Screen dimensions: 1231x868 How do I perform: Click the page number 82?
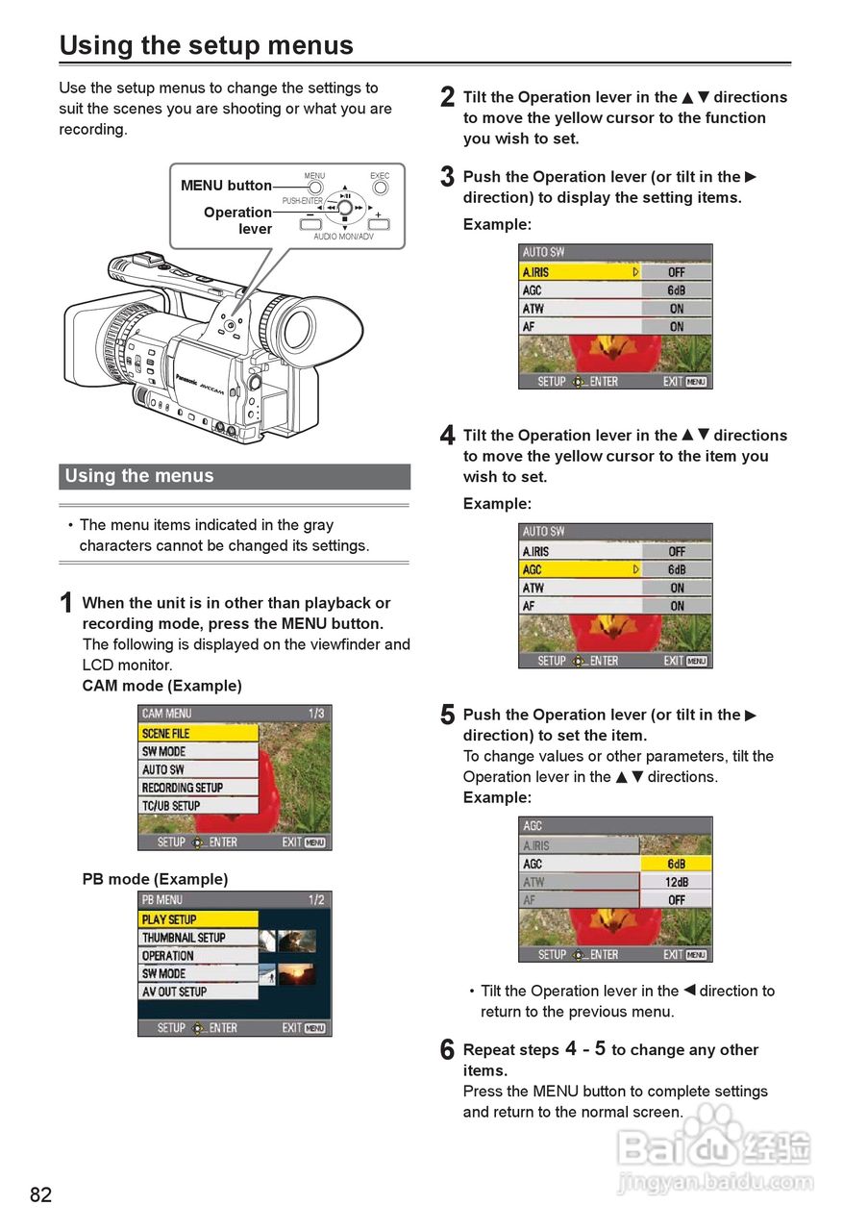pyautogui.click(x=41, y=1194)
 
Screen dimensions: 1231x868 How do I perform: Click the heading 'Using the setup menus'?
pyautogui.click(x=206, y=45)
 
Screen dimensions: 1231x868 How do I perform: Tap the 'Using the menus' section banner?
pyautogui.click(x=235, y=476)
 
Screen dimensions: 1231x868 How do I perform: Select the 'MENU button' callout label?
pyautogui.click(x=226, y=186)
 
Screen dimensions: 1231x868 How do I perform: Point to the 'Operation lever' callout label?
pyautogui.click(x=237, y=220)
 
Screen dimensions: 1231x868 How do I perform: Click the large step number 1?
pyautogui.click(x=66, y=604)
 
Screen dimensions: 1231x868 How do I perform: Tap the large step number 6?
pyautogui.click(x=447, y=1051)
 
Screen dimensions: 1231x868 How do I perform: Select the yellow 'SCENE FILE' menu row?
pyautogui.click(x=199, y=733)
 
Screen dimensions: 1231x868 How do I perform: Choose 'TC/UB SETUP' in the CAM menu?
pyautogui.click(x=199, y=806)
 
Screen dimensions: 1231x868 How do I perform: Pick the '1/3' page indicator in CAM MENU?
pyautogui.click(x=316, y=714)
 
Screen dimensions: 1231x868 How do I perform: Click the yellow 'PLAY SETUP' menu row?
pyautogui.click(x=199, y=919)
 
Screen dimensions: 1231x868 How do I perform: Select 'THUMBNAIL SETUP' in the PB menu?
pyautogui.click(x=199, y=938)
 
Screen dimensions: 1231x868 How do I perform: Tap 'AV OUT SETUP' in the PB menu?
pyautogui.click(x=199, y=992)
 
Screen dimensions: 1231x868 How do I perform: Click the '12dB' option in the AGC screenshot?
pyautogui.click(x=676, y=882)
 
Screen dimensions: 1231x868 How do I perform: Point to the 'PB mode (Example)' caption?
pyautogui.click(x=155, y=879)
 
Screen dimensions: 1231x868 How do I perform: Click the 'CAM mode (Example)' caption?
pyautogui.click(x=161, y=686)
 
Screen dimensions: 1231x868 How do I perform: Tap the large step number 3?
pyautogui.click(x=447, y=178)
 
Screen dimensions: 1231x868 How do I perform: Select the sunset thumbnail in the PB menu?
pyautogui.click(x=296, y=974)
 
